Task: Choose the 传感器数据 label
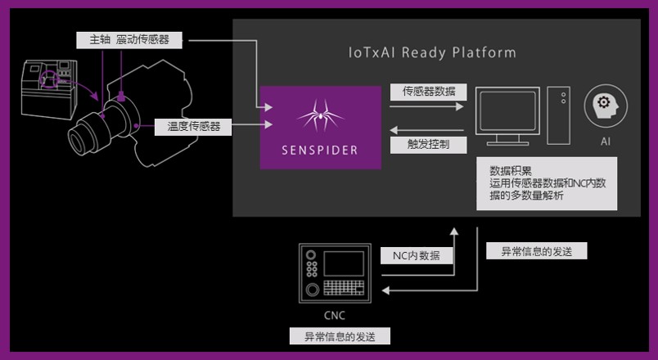tap(425, 92)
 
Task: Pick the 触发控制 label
tap(425, 145)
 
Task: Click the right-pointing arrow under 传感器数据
tap(426, 106)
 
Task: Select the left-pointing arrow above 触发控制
tap(426, 128)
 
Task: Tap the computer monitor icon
tap(507, 115)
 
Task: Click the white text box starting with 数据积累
tap(547, 186)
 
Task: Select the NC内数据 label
tap(416, 255)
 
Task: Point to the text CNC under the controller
tap(336, 314)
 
